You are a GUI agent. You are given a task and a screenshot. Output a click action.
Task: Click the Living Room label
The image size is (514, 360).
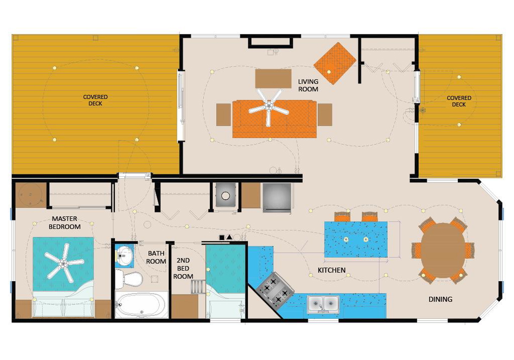pos(308,85)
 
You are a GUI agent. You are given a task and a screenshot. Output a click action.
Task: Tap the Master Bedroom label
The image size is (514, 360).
pos(65,223)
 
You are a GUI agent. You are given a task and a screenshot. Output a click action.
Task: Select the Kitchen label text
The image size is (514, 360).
pos(331,270)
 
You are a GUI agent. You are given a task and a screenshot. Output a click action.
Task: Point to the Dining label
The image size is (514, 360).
pos(440,299)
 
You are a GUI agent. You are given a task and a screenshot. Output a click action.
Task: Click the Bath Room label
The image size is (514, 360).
pos(156,257)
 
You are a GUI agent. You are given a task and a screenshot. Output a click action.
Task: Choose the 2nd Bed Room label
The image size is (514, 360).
pos(183,268)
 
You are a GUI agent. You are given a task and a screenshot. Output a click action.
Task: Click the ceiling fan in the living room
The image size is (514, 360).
pos(269,107)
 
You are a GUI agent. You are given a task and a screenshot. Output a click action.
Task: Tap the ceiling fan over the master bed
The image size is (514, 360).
pos(64,262)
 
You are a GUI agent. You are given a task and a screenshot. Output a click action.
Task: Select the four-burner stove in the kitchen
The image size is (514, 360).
pos(275,289)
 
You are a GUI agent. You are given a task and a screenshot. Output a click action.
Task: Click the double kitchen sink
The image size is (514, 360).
pos(323,304)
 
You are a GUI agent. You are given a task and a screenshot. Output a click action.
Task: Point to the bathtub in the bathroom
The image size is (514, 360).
pos(141,305)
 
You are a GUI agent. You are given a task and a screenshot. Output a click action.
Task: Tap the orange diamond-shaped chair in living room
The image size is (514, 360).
pos(335,63)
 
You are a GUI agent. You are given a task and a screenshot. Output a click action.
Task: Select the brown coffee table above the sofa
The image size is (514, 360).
pos(274,78)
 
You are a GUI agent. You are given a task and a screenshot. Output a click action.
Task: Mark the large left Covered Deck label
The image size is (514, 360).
pos(95,100)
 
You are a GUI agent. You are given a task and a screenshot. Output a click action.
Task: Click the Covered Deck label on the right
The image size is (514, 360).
pos(459,101)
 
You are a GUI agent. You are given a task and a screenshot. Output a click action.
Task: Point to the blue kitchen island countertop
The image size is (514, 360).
pos(356,239)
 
